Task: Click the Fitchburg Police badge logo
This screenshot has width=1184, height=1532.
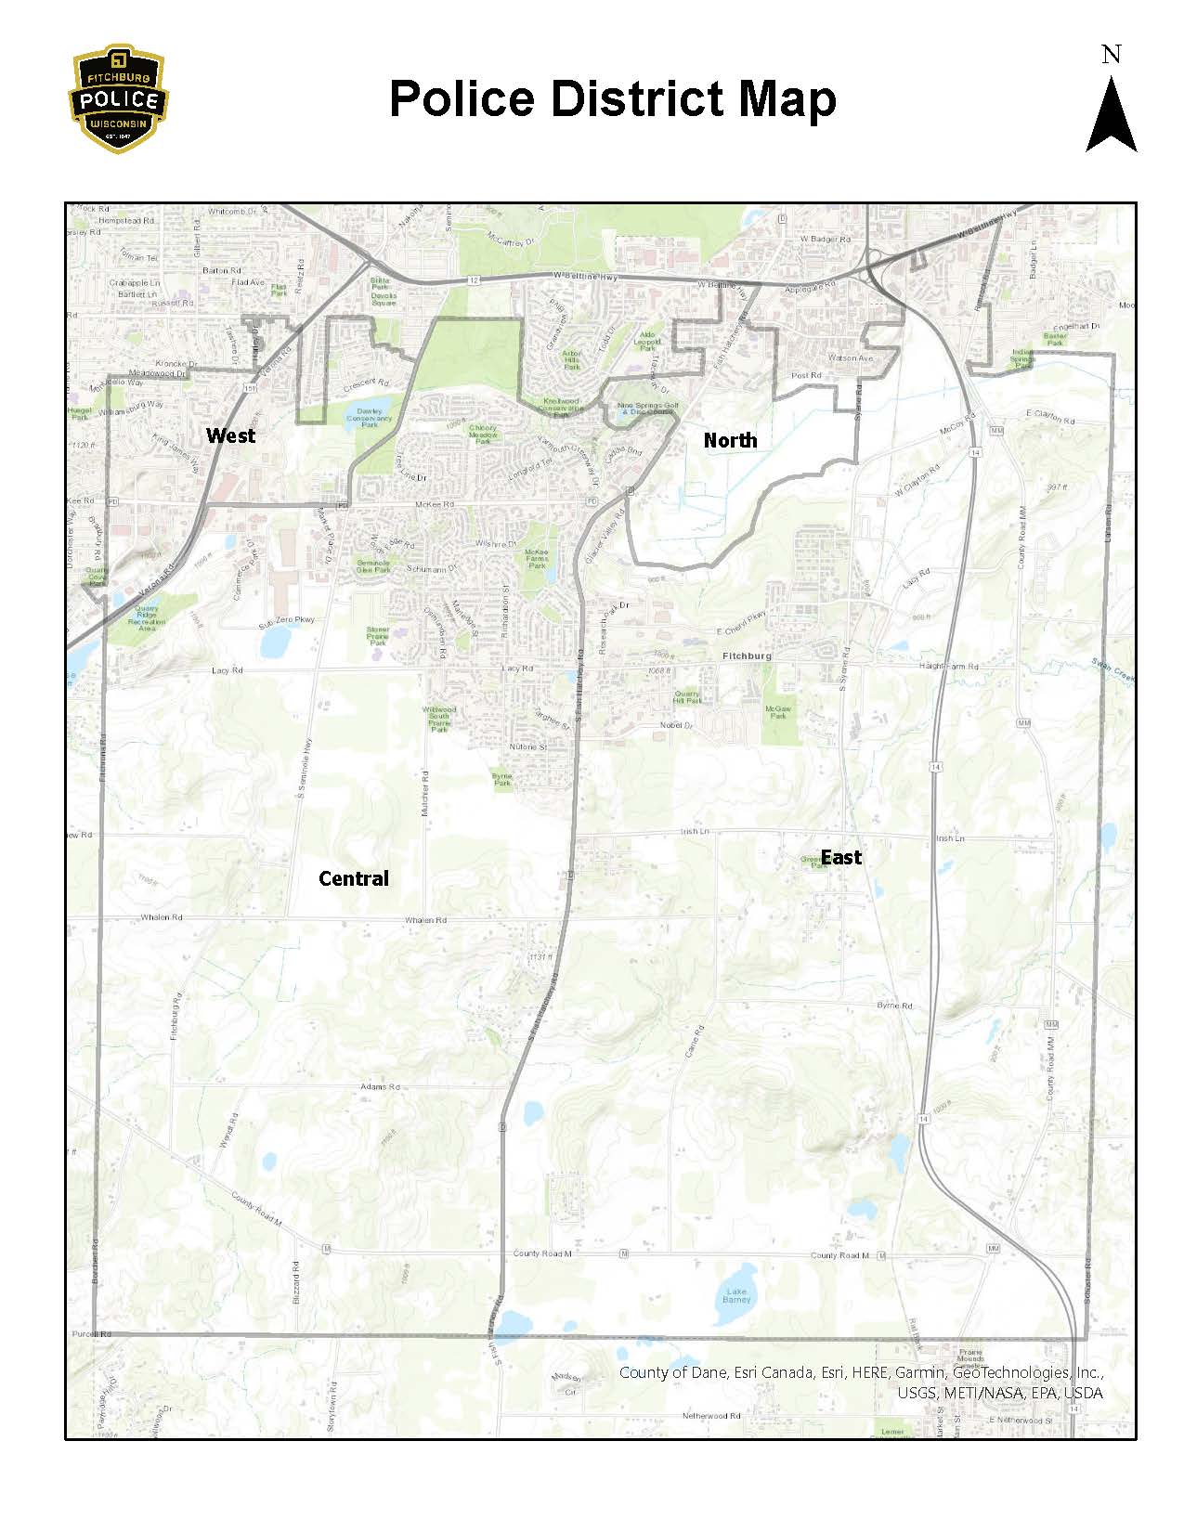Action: pyautogui.click(x=120, y=98)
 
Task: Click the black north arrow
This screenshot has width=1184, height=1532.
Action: pyautogui.click(x=1111, y=116)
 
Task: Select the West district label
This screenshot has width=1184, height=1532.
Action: pyautogui.click(x=230, y=435)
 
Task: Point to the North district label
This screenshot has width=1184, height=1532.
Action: pyautogui.click(x=730, y=440)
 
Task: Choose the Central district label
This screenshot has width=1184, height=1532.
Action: pyautogui.click(x=354, y=878)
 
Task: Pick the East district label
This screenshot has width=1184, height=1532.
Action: pyautogui.click(x=841, y=857)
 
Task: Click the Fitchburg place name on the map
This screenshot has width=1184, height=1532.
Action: pyautogui.click(x=747, y=656)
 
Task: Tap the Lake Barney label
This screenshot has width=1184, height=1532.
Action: pyautogui.click(x=736, y=1295)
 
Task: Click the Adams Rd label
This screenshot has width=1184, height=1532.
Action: pyautogui.click(x=380, y=1086)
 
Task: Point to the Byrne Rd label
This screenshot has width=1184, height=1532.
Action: pyautogui.click(x=895, y=1006)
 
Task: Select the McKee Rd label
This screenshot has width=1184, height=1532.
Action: pyautogui.click(x=435, y=504)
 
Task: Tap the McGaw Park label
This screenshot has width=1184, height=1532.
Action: pyautogui.click(x=778, y=712)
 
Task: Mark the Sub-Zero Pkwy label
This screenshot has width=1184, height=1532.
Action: pyautogui.click(x=286, y=619)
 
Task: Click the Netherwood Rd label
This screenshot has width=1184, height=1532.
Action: pyautogui.click(x=711, y=1416)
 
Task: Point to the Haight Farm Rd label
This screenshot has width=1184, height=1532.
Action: pyautogui.click(x=948, y=667)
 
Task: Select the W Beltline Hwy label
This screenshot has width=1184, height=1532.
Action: pyautogui.click(x=585, y=276)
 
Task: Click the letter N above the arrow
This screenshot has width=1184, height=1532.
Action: pyautogui.click(x=1111, y=56)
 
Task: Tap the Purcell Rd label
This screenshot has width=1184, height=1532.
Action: pyautogui.click(x=92, y=1334)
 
